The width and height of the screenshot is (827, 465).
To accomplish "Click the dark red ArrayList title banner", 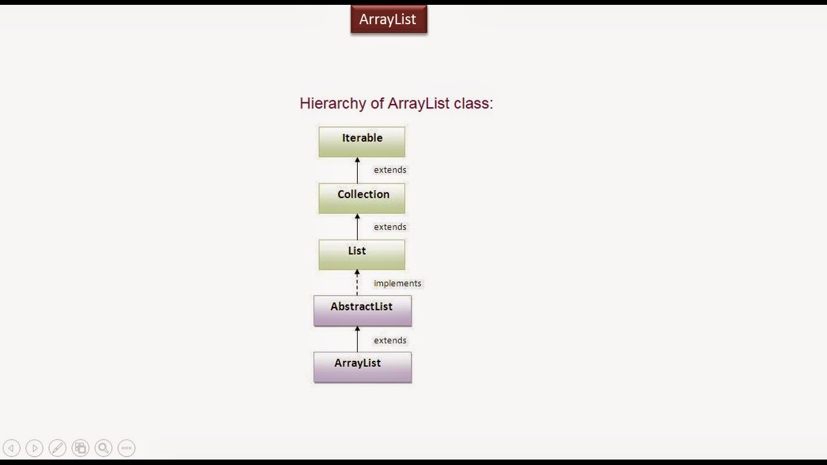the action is click(389, 19).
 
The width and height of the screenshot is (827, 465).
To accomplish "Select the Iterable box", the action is click(362, 142).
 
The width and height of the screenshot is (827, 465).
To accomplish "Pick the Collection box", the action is click(362, 199).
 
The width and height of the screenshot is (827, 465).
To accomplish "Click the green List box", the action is click(362, 254).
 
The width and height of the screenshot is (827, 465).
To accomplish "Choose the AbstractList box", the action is click(363, 311).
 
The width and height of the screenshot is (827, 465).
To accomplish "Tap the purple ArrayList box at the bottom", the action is click(363, 367).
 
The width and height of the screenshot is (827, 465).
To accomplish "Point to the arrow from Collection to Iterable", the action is click(357, 170).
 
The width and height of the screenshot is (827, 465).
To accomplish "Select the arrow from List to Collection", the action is click(357, 227).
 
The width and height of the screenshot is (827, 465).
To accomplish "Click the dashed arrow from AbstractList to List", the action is click(357, 283).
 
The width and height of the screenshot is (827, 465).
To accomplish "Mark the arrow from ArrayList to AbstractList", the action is click(357, 339).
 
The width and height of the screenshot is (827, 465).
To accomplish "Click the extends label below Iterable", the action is click(390, 170).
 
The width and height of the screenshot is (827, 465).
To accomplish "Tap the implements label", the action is click(397, 283).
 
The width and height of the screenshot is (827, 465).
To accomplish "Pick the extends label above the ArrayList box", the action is click(390, 340).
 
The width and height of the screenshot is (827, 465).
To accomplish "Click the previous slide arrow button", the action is click(12, 448).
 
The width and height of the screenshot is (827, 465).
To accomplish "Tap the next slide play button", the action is click(35, 448).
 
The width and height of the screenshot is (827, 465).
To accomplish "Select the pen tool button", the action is click(58, 448).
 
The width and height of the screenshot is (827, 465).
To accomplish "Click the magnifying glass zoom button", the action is click(104, 448).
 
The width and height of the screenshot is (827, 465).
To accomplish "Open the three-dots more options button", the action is click(127, 448).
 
